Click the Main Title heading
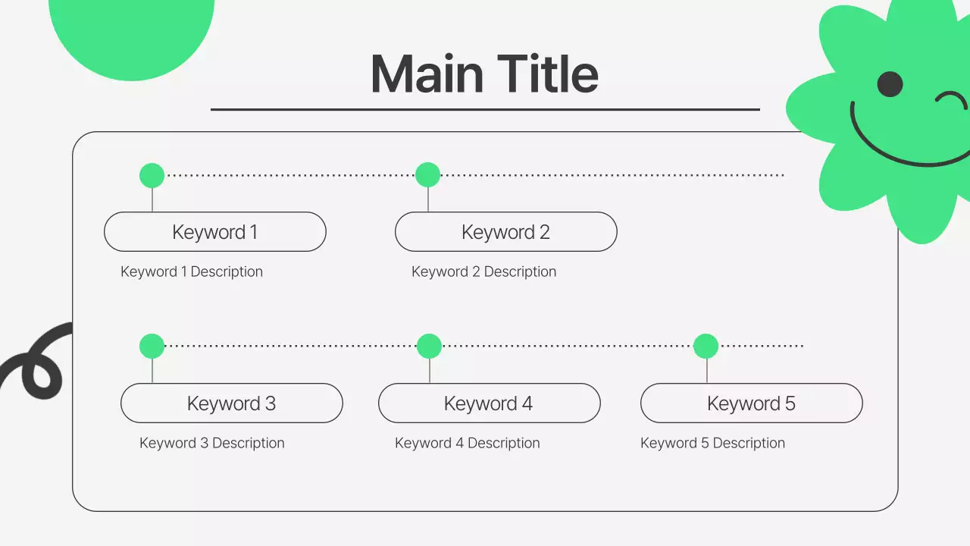484,74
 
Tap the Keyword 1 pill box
214,232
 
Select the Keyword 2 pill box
505,232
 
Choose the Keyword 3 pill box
231,403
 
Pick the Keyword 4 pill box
489,403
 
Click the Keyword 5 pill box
751,403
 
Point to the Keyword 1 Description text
192,271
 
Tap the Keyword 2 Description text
483,271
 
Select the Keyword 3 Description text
212,443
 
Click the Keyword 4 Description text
468,443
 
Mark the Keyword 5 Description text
712,443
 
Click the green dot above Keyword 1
152,176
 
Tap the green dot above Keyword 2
428,175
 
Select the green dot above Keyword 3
152,347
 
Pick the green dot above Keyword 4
430,347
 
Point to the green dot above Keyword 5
706,347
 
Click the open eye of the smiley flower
890,84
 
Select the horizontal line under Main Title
485,110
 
